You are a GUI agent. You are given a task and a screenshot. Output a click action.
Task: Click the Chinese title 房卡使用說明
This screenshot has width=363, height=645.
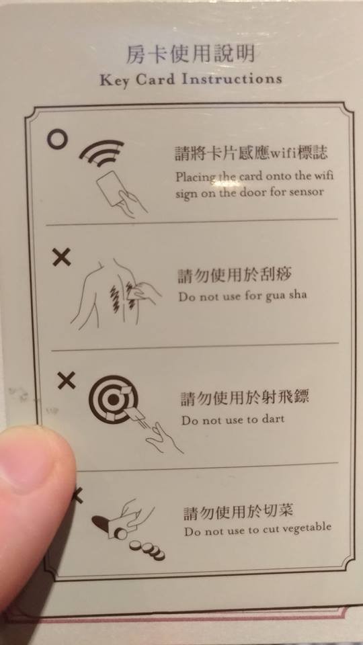coord(190,54)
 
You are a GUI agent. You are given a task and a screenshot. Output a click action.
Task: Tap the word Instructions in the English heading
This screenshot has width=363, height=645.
coord(232,79)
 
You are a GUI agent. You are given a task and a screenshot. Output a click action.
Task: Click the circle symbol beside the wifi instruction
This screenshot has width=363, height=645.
coord(56,139)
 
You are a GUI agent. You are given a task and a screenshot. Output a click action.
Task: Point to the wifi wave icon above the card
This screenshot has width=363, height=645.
coord(102,153)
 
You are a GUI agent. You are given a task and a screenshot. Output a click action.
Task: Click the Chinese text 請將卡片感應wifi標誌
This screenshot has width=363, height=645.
coord(251,153)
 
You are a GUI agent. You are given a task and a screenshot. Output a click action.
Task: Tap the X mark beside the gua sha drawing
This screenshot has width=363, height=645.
coord(61,257)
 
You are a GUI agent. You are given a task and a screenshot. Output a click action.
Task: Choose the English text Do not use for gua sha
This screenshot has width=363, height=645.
coord(243,296)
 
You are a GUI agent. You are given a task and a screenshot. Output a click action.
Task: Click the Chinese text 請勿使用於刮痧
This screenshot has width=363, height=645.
coord(235,276)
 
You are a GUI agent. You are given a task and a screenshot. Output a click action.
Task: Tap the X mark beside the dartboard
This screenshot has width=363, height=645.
coord(67,380)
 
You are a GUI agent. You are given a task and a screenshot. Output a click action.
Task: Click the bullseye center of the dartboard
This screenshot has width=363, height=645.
coord(113,399)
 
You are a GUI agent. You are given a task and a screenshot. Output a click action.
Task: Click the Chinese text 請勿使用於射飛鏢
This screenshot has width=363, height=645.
coord(245,398)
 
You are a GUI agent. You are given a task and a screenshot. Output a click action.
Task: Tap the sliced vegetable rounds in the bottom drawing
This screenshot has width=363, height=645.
coord(147,550)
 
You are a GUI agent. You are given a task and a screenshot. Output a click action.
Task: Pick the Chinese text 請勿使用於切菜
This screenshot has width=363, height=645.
coord(238,512)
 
